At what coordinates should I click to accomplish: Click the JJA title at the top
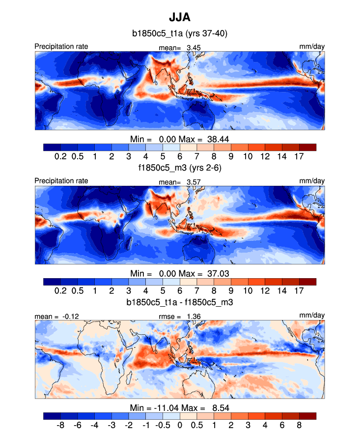click(179, 18)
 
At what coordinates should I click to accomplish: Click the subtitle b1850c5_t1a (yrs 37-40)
click(179, 34)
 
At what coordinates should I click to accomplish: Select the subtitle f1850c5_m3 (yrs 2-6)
click(179, 168)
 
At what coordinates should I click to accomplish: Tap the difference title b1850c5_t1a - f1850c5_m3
click(179, 302)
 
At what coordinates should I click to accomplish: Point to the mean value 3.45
click(193, 47)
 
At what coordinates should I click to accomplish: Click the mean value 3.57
click(193, 181)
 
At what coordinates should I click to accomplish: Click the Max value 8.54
click(219, 407)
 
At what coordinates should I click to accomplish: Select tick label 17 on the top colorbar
click(300, 156)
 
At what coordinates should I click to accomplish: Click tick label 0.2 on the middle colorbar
click(60, 290)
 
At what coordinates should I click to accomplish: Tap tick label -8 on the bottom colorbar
click(60, 425)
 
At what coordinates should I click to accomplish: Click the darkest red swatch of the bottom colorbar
click(307, 416)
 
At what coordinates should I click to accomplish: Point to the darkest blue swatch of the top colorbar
click(52, 147)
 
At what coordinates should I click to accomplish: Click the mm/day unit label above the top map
click(312, 47)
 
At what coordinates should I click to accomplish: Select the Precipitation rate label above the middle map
click(61, 181)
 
